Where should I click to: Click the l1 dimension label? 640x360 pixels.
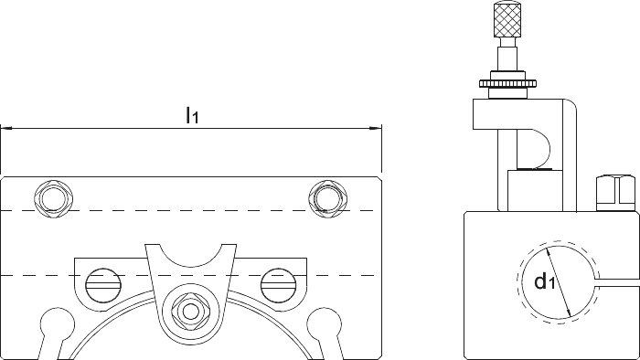pos(192,114)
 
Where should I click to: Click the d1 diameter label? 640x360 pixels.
pos(545,281)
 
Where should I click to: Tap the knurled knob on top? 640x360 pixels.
pos(507,19)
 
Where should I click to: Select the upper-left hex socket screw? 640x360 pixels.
pos(54,198)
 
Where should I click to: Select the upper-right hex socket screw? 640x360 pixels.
pos(327,198)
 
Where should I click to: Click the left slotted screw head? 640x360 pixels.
pos(103,285)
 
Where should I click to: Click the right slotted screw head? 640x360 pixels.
pos(278,285)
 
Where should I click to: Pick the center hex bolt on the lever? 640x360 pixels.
pos(190,312)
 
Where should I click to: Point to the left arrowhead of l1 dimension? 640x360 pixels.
pos(5,129)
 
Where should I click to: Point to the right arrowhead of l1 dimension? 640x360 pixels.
pos(376,129)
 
